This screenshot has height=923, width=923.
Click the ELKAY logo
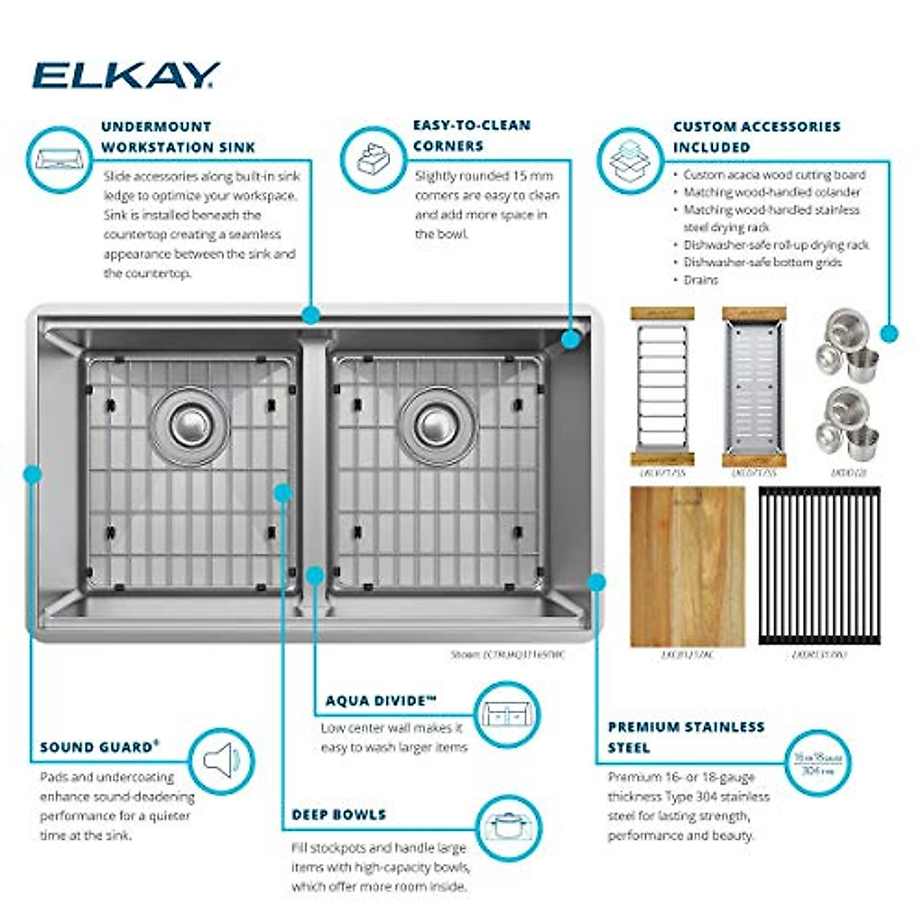(125, 75)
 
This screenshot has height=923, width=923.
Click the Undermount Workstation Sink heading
(178, 137)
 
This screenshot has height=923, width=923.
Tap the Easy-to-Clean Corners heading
(471, 135)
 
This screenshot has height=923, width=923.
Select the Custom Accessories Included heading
(756, 137)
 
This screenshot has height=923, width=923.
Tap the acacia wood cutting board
(687, 566)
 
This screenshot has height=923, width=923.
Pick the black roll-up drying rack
(819, 566)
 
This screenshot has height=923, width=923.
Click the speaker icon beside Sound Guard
(221, 761)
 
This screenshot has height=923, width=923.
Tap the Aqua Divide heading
(381, 701)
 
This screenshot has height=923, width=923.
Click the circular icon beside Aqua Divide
(506, 715)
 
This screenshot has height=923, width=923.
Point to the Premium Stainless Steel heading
(685, 737)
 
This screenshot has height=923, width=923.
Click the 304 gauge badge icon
(817, 763)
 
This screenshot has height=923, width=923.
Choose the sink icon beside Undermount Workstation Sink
(58, 160)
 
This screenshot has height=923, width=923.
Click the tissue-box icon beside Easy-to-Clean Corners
(373, 159)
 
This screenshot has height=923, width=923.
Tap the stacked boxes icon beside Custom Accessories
(630, 160)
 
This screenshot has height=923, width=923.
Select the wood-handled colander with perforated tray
(754, 387)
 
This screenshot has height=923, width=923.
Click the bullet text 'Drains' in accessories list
(700, 280)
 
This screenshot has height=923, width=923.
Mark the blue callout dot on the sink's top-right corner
(570, 339)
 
